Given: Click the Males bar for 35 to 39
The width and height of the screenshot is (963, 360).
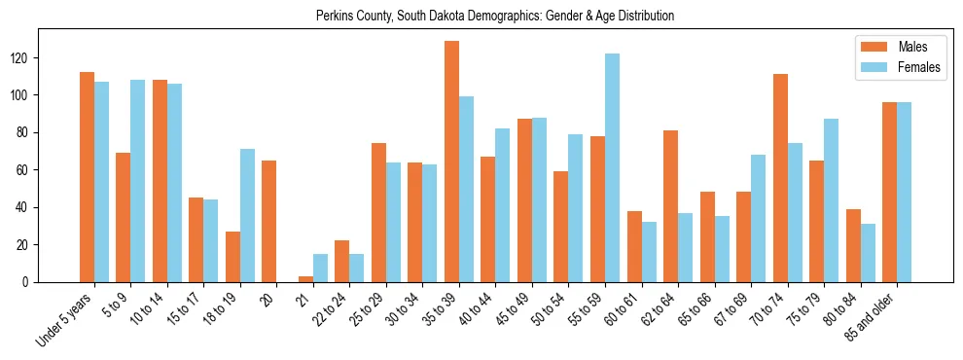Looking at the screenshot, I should click(451, 162).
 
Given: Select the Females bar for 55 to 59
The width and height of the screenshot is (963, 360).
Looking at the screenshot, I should click(612, 167).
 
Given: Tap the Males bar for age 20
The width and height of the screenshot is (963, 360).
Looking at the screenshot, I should click(269, 221).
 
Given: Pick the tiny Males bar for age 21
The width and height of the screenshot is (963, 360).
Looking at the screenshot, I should click(305, 279).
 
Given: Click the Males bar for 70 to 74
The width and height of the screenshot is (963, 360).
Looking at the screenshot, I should click(780, 178).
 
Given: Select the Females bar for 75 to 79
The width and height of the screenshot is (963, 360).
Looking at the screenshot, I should click(831, 200).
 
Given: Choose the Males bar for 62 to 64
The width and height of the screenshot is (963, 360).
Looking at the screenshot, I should click(670, 206).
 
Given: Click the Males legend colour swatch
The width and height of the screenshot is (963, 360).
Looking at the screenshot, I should click(870, 46).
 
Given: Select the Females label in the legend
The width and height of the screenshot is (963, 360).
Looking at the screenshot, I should click(920, 68).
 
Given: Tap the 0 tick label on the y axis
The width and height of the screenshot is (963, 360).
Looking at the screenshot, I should click(29, 282).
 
